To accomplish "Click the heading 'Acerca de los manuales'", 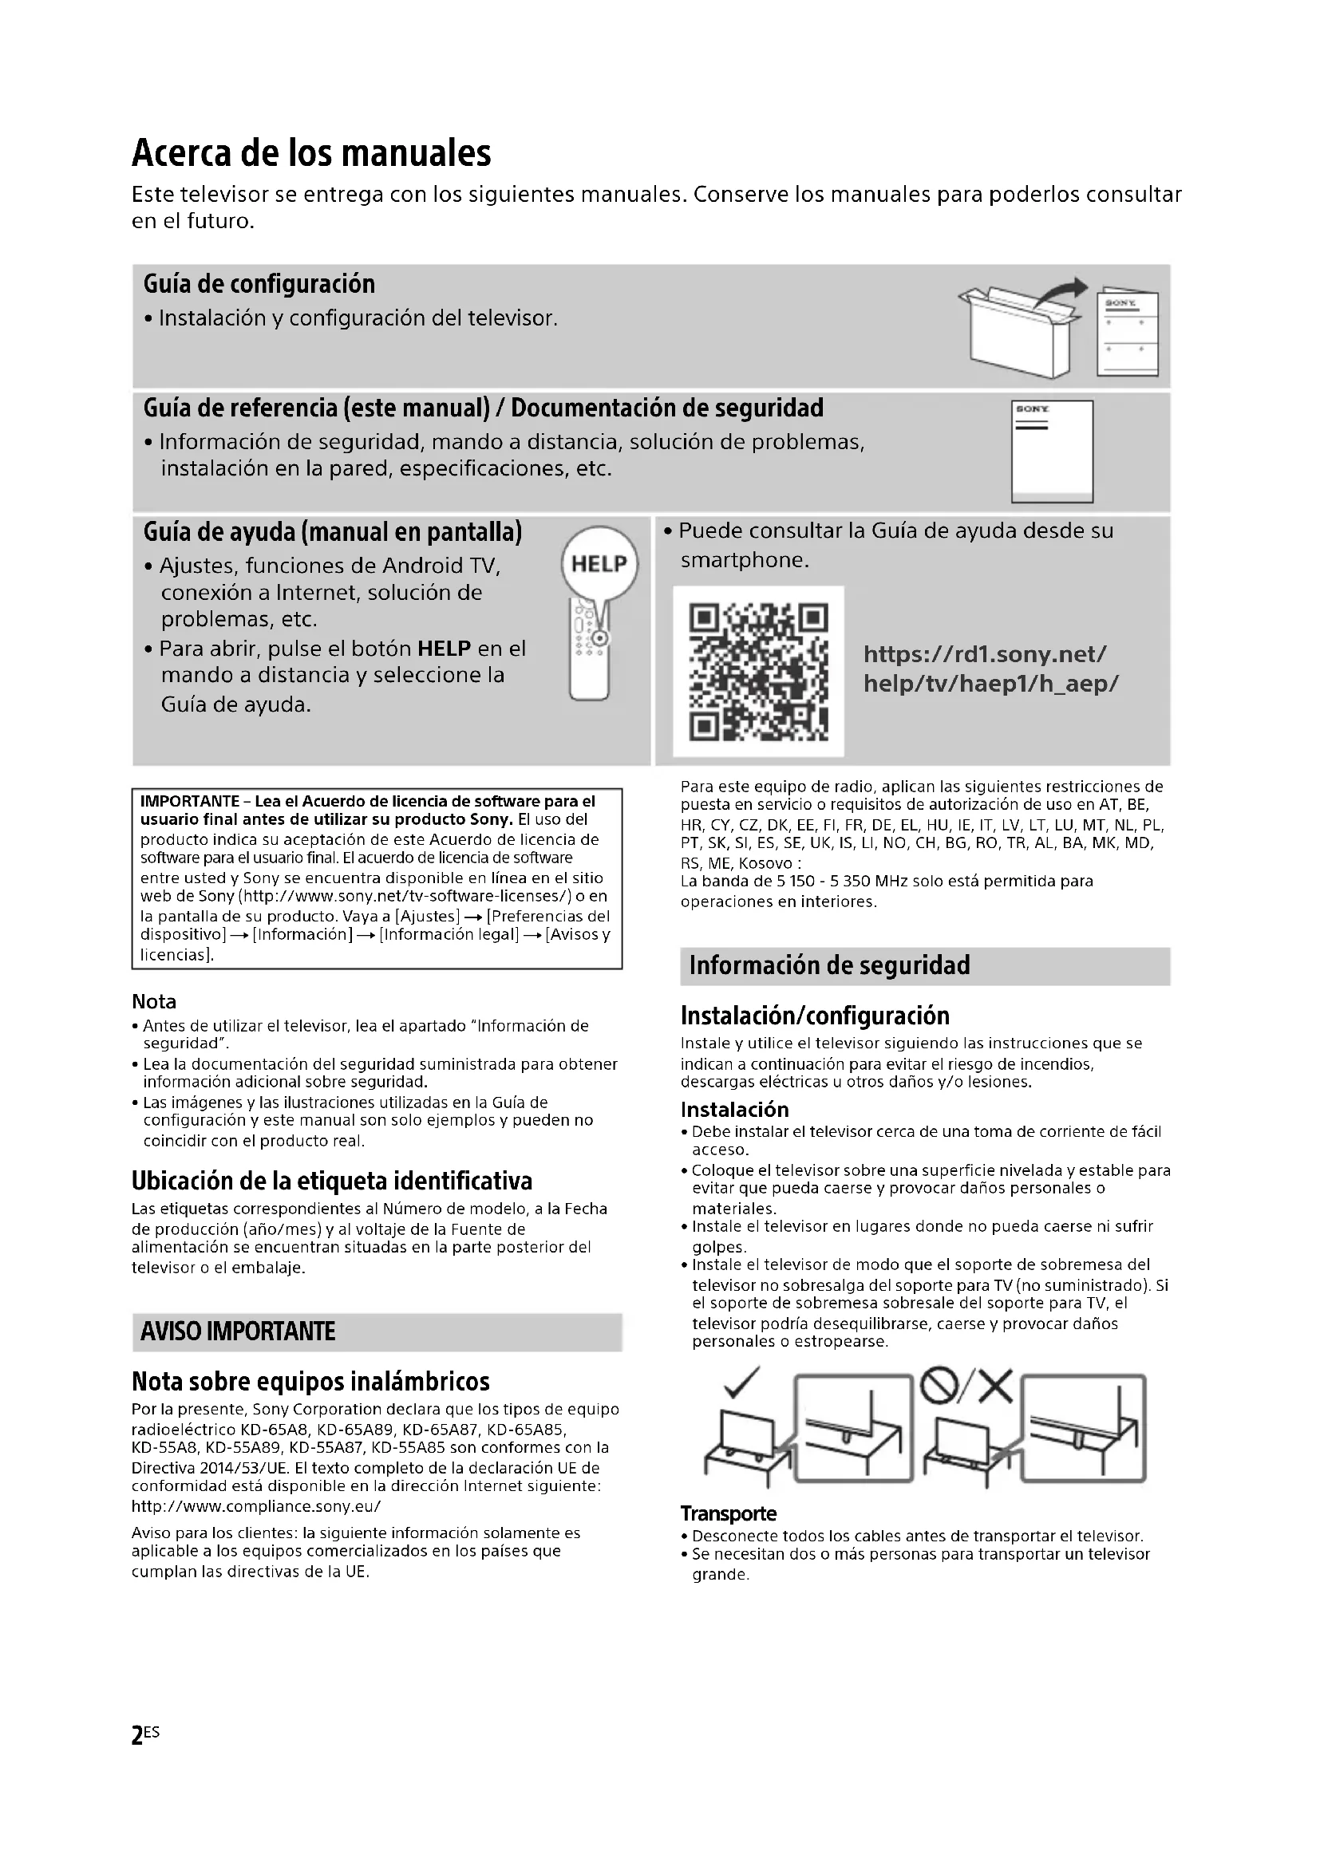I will pos(311,153).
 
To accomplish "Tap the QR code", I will pos(758,671).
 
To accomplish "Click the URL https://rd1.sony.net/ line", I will pos(984,654).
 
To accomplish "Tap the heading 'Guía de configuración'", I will pos(259,285).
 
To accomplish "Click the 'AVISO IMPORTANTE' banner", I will pos(238,1332).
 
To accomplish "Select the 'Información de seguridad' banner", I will pos(829,965).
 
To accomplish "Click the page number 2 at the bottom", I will pos(137,1735).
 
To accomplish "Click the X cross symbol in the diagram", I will pos(995,1387).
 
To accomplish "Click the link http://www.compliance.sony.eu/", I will pos(256,1506).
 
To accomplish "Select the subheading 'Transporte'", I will pos(729,1513).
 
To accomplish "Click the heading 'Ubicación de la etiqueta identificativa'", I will pos(332,1181).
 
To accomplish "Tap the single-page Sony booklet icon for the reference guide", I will pos(1052,451).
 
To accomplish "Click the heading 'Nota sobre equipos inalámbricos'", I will pos(310,1382).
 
